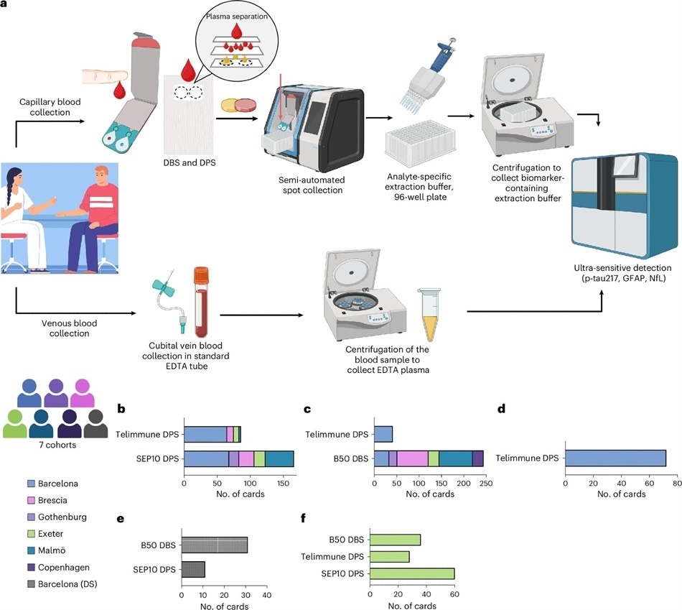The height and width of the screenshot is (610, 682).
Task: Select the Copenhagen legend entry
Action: [x=58, y=565]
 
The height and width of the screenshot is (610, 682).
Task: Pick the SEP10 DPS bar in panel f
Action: [x=412, y=573]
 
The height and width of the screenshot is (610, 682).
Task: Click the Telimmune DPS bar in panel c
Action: [x=383, y=433]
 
